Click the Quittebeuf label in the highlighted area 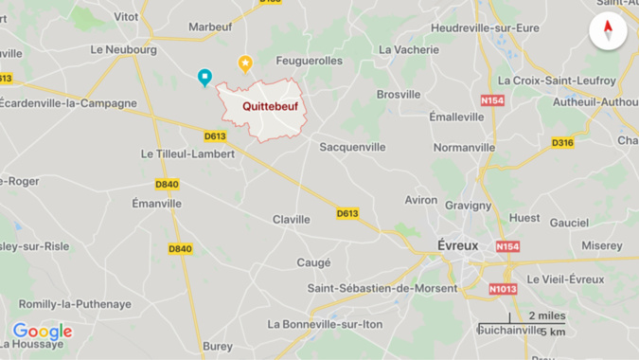pos(270,107)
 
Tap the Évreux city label pos(458,243)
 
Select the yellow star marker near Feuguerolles pos(245,64)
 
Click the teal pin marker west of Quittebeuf pos(204,78)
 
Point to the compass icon pos(608,31)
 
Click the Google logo pos(42,332)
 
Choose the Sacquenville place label pos(352,147)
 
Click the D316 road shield pos(562,143)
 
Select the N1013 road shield pos(503,287)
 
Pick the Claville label pos(292,220)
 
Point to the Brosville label pos(399,95)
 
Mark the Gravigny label pos(468,205)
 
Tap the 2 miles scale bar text pos(545,315)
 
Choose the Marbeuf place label pos(210,27)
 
